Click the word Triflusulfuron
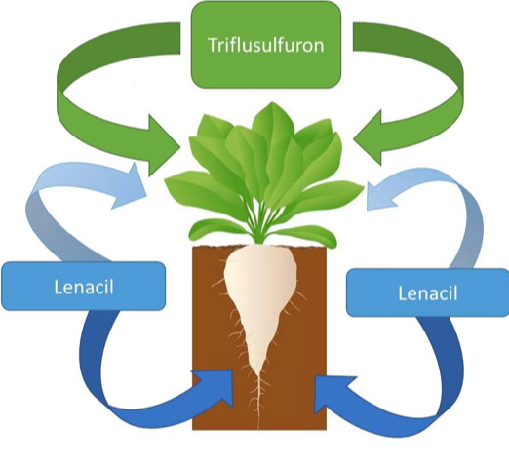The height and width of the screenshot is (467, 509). pos(266,45)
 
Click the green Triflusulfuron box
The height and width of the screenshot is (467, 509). pos(266,45)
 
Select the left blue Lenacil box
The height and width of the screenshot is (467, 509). pos(84,286)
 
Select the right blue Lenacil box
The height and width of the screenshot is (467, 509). pos(428,292)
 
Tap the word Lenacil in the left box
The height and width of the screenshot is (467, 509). pos(84,287)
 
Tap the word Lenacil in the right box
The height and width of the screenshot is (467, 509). pos(428,292)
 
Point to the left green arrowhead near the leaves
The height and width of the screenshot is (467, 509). pos(163,145)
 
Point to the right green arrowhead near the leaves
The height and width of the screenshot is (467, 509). pos(369,138)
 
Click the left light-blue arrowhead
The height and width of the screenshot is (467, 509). pos(130,187)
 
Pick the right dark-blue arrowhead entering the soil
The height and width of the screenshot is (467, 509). pos(332,393)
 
